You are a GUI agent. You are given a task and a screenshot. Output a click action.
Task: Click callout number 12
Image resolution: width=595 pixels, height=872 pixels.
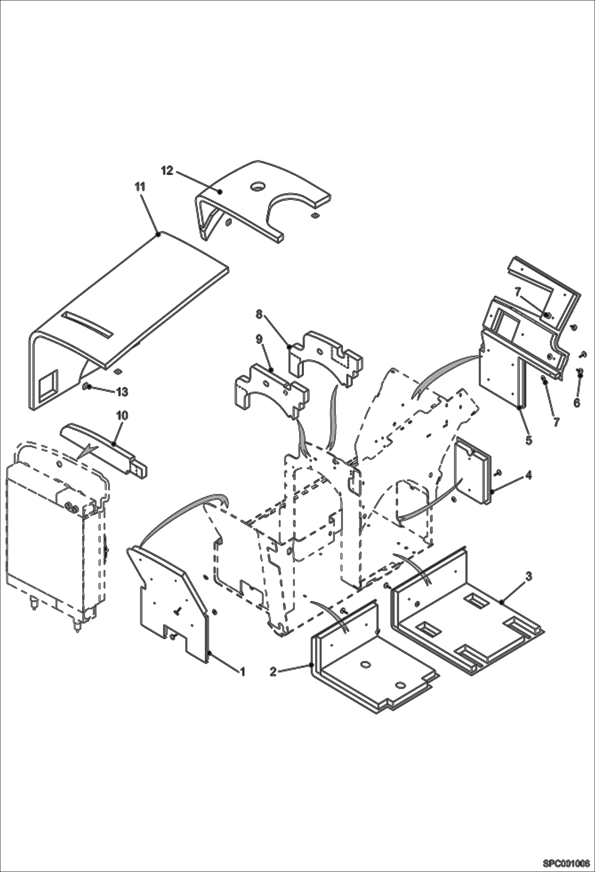coord(167,171)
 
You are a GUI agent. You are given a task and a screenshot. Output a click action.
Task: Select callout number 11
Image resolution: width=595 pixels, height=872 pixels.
coord(140,186)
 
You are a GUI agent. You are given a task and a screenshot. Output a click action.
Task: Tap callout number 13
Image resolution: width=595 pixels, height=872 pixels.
coord(122,392)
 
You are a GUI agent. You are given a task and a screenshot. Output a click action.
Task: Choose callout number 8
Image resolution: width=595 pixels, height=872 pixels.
coord(259,315)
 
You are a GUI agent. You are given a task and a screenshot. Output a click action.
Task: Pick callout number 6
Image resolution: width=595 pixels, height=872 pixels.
coord(577,402)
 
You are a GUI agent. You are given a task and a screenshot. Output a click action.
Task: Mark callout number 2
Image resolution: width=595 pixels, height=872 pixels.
coord(273,671)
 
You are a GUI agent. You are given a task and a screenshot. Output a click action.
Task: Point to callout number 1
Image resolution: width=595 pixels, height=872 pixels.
coord(242,671)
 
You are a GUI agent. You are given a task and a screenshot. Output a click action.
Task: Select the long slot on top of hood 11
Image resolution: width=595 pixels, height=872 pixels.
coord(88,318)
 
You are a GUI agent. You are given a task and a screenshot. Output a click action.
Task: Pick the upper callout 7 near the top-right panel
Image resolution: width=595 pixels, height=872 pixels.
coord(517,293)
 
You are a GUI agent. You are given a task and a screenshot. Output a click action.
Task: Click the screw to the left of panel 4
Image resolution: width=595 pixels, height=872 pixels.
coord(498,472)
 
